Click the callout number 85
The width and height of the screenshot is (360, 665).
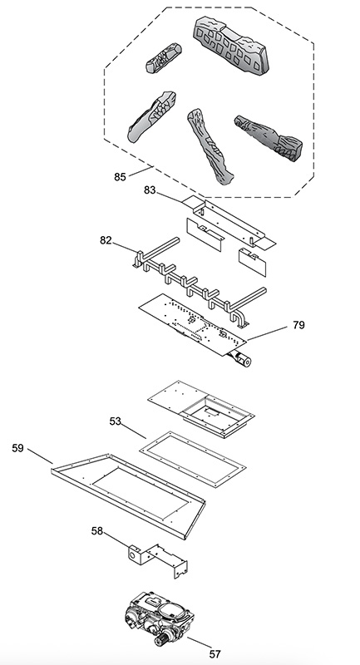pos(120,177)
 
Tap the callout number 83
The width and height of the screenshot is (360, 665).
pos(150,190)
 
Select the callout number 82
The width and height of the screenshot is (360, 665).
pos(106,240)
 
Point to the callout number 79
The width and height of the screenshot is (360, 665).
pos(298,325)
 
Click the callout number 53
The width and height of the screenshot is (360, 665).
pos(115,421)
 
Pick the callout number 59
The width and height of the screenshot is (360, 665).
pos(17,448)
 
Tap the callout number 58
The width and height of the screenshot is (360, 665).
pos(97,530)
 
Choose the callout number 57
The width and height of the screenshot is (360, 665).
pos(215,654)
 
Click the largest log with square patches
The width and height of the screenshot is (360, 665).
pos(231,46)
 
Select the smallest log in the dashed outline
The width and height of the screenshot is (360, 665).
pos(164,58)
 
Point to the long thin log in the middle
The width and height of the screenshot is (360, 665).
pos(210,145)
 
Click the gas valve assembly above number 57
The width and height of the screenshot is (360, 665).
pos(160,618)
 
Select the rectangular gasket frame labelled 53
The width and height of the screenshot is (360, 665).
pos(193,460)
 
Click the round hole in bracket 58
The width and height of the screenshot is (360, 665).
pos(134,554)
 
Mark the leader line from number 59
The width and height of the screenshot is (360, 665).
pos(40,456)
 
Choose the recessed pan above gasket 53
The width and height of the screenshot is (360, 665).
pos(201,409)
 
